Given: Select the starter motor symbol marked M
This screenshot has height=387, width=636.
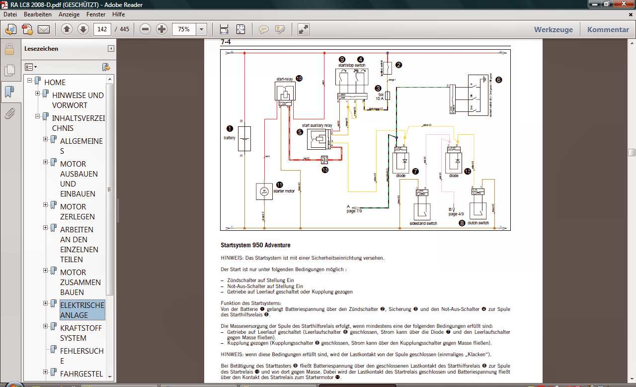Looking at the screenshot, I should coord(264,191).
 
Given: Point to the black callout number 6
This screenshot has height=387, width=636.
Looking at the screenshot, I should coord(498,79).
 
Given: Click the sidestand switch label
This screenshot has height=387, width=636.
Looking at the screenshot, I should coord(423,223).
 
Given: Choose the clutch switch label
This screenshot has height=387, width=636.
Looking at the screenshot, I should coord(477,223).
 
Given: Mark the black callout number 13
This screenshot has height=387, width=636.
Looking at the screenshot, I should coord(325,170).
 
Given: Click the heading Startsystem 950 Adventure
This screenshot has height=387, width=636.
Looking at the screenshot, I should coord(255,245).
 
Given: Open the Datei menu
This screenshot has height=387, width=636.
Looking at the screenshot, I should coord(10,14).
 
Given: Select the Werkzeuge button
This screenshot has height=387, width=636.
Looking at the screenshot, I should coord(553,29).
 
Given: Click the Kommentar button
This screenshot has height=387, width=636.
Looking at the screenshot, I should coord(608,29).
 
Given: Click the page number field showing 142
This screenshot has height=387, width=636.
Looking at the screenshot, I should coord(102,29).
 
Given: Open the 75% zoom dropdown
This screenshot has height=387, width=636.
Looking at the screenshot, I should coord(201,29).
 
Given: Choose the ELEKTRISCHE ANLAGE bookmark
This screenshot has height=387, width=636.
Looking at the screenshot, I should coord(82,310).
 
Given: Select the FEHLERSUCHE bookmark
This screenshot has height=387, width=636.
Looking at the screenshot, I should coord(82,356).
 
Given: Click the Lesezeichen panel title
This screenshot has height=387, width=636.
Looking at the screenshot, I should coord(41,49).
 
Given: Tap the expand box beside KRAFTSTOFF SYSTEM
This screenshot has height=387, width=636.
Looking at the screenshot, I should coord(45,326).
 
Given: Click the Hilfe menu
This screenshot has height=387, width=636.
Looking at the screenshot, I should coord(118,14).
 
